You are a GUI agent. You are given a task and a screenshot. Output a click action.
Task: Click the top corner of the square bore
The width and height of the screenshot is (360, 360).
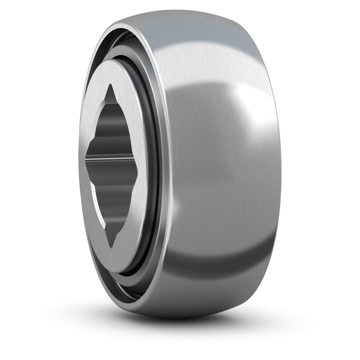[x=111, y=86]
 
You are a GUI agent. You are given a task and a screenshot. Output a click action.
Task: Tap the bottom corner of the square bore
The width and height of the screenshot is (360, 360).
[x=112, y=246]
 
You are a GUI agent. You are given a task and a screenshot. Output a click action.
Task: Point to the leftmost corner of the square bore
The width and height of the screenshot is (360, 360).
[x=86, y=161]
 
